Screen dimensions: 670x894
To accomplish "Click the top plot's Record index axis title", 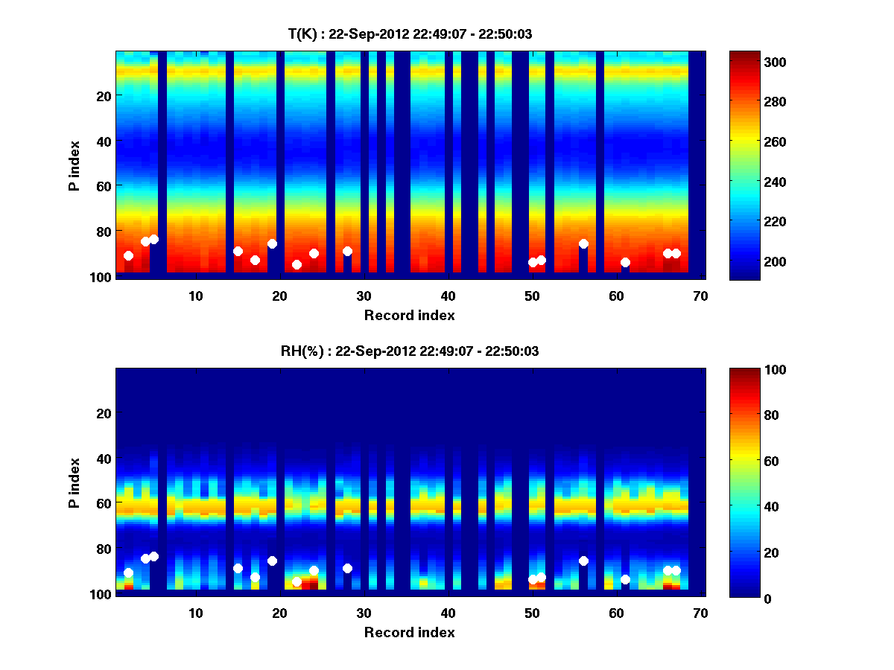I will [409, 315].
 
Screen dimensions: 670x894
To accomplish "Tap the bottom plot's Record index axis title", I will [409, 632].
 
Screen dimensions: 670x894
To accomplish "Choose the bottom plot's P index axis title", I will [74, 482].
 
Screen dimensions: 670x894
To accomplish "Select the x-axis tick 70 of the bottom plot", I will [700, 613].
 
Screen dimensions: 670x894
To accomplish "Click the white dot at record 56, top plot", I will [583, 243].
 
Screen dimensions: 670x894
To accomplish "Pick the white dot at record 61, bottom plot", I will [625, 579].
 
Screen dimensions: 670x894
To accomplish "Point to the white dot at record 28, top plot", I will [347, 251].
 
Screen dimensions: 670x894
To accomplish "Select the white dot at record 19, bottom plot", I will [272, 561].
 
